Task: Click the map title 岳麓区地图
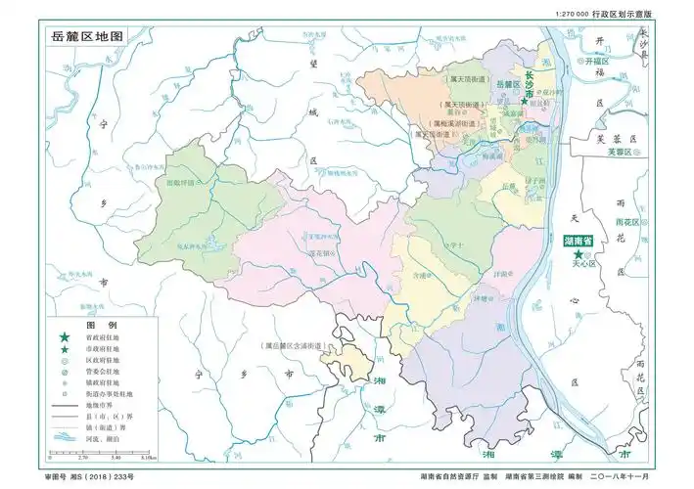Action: [89, 35]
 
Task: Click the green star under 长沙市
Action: [525, 101]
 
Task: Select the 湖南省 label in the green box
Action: [579, 240]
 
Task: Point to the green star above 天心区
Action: [579, 253]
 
